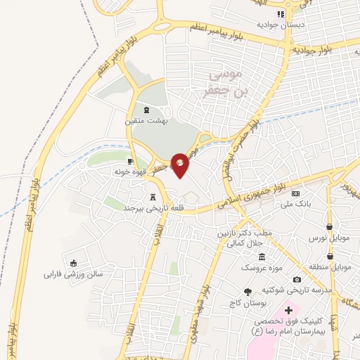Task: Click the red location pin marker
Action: tap(180, 165)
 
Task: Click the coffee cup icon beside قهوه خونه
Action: tap(130, 161)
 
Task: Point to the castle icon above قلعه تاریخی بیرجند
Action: tap(153, 198)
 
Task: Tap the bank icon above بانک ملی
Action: tap(295, 193)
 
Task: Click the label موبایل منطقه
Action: tap(330, 268)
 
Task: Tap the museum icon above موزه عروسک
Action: tap(262, 257)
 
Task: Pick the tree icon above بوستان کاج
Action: tap(246, 292)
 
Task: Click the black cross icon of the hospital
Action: tap(288, 309)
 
